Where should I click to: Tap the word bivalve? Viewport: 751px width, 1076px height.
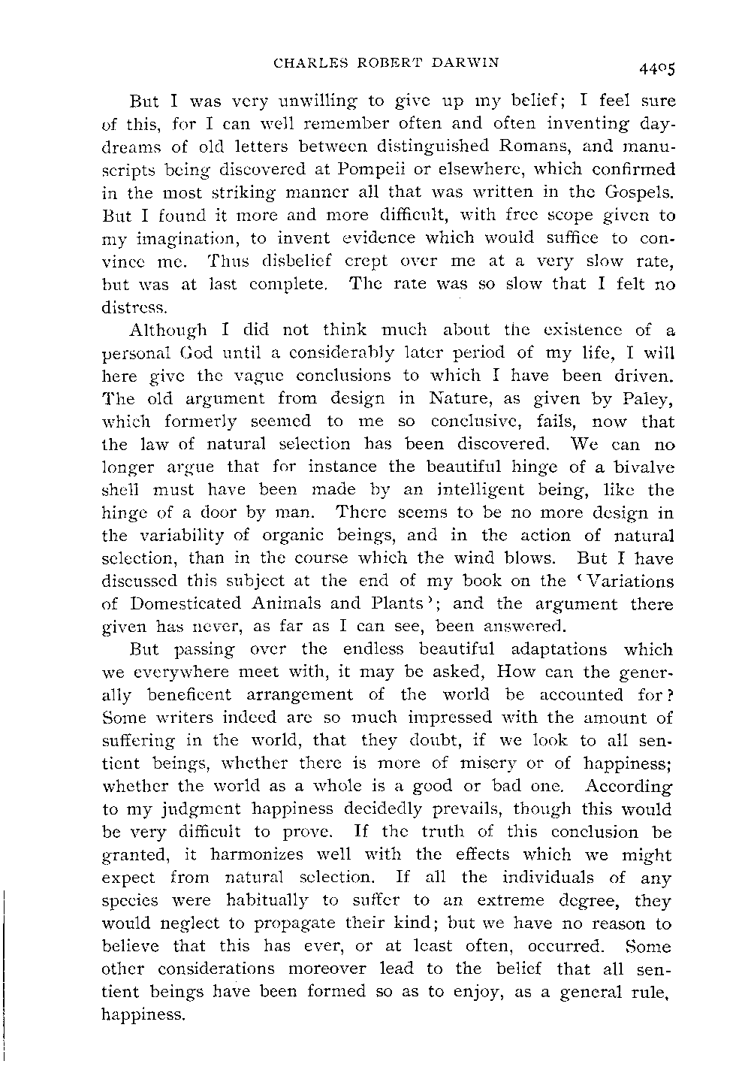[641, 467]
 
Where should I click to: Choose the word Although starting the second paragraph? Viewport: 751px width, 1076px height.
[166, 329]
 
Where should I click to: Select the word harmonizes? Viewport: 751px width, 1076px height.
[249, 854]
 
